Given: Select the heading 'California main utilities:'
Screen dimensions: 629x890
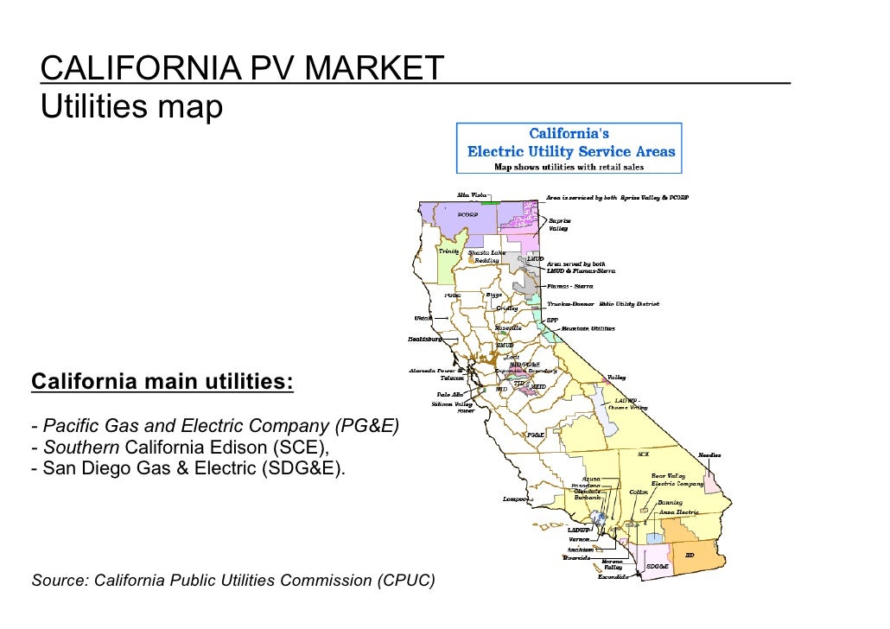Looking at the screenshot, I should pos(162,381).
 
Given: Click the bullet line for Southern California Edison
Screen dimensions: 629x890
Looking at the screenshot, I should pos(180,447).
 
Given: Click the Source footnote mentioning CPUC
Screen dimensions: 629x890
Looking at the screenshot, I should pos(232,580).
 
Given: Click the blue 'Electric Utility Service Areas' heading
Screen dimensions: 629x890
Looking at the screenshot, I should pos(570,151).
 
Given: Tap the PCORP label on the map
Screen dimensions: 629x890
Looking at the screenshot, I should pos(468,215).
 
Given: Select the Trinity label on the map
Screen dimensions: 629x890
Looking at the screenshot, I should pos(448,251).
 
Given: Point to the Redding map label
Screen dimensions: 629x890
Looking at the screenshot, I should pos(486,261).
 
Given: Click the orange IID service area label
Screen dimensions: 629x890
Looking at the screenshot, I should pos(690,555).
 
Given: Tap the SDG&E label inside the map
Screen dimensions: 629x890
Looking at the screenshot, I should pos(658,567).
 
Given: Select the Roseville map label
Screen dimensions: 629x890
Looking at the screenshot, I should pos(507,328).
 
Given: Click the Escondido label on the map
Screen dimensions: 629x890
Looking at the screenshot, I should pos(613,577).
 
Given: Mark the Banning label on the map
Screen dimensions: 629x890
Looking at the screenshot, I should pos(669,502).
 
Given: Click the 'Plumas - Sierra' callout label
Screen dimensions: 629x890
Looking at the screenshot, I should pos(571,285).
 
